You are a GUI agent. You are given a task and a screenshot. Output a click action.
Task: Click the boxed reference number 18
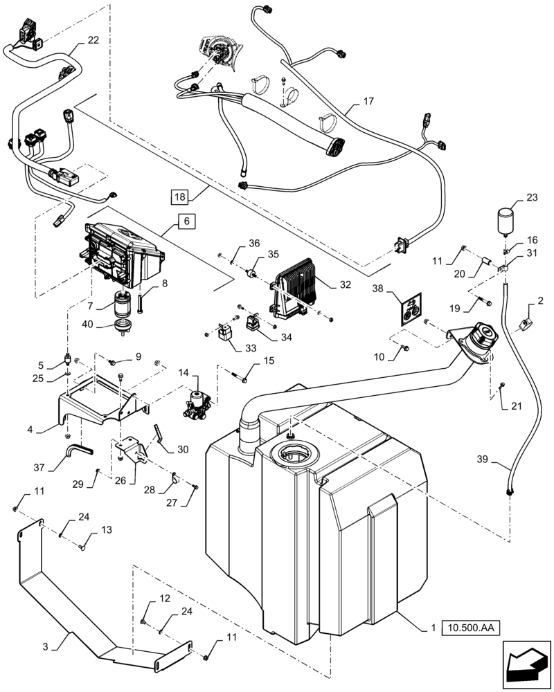tap(180, 197)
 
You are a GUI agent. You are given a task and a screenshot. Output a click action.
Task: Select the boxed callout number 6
tap(186, 221)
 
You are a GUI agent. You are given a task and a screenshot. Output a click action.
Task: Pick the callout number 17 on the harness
tap(368, 102)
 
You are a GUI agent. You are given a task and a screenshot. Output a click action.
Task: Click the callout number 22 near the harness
tap(93, 40)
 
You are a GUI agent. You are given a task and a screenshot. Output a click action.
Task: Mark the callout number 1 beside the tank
tap(433, 628)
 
